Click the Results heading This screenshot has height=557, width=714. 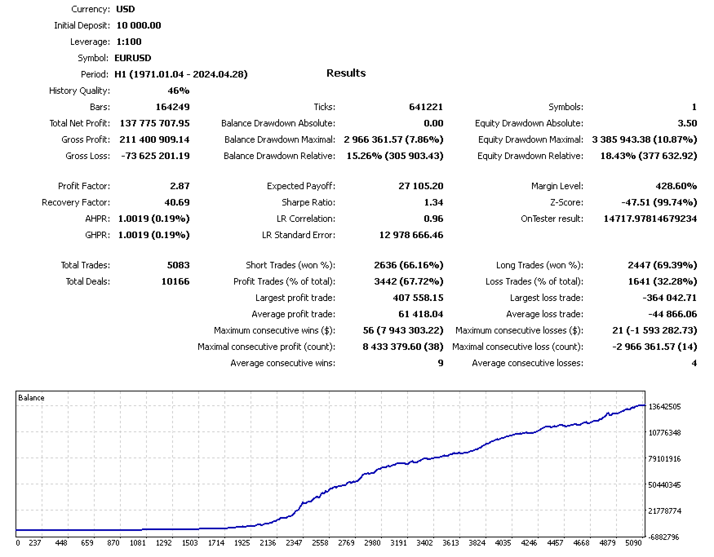tap(346, 73)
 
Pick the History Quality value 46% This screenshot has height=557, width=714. tap(178, 91)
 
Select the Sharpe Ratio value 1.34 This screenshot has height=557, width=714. tap(434, 202)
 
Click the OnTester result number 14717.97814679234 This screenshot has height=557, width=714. tap(650, 219)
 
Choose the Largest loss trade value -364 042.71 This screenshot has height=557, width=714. tap(668, 298)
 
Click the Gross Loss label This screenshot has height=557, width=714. tap(87, 156)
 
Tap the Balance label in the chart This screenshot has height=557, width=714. tap(31, 398)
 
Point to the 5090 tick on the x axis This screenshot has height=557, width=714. tap(634, 542)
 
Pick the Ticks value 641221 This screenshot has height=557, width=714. tap(425, 107)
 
